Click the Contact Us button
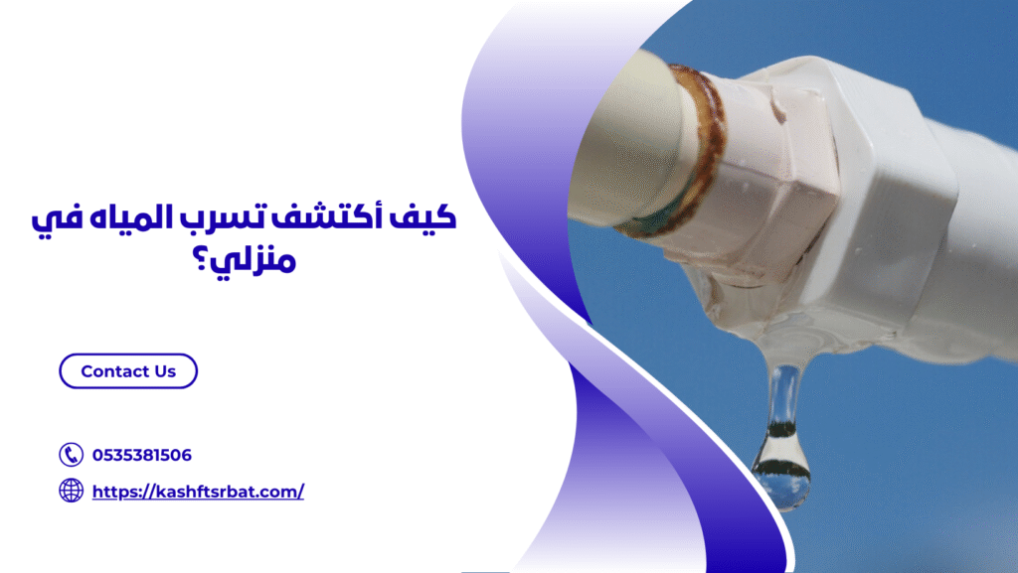(128, 371)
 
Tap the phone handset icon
(71, 455)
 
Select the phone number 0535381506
(142, 456)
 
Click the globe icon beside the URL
(71, 491)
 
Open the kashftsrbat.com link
(198, 492)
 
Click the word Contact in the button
(114, 371)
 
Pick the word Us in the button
(165, 371)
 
